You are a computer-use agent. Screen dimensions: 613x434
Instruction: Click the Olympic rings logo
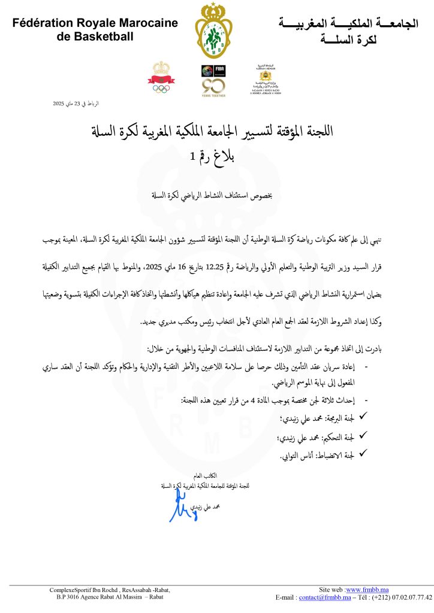[161, 87]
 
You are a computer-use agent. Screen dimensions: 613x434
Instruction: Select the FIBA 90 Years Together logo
[213, 80]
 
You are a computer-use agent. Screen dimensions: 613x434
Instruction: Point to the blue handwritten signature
[179, 509]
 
